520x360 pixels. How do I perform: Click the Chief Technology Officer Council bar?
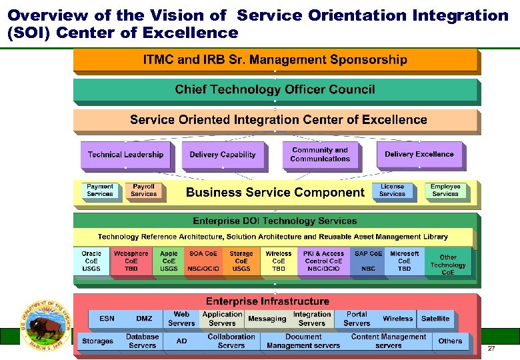(275, 89)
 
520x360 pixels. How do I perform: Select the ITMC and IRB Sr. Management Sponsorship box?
(275, 60)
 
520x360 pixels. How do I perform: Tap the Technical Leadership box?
(125, 155)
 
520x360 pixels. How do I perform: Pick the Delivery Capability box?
(223, 155)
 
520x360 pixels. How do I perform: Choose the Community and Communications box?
(320, 155)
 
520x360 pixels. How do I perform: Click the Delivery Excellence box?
(419, 155)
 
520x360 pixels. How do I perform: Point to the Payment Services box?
(100, 191)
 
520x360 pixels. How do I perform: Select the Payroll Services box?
(143, 191)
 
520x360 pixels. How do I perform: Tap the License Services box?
(392, 191)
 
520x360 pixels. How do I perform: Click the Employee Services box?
(445, 191)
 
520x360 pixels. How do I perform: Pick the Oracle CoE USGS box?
(91, 261)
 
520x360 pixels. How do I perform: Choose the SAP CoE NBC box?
(369, 261)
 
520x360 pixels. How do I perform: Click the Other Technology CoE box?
(448, 265)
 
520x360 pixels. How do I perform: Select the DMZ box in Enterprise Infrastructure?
(144, 319)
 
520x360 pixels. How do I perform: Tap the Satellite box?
(435, 319)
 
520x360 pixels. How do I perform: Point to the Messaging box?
(267, 319)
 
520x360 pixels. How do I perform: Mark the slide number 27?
(491, 349)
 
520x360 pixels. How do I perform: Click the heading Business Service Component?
(275, 193)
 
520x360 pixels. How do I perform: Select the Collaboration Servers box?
(231, 341)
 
